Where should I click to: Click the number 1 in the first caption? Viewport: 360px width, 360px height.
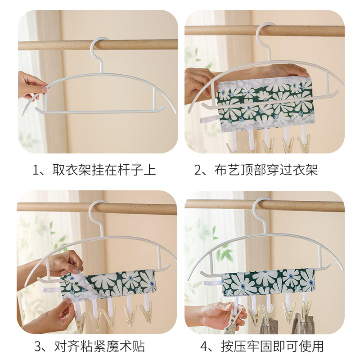tap(36, 171)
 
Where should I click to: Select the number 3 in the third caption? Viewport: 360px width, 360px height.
tap(38, 346)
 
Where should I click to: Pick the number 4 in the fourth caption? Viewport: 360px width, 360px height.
tap(204, 346)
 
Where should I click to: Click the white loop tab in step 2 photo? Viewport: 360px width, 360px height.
tap(208, 120)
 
